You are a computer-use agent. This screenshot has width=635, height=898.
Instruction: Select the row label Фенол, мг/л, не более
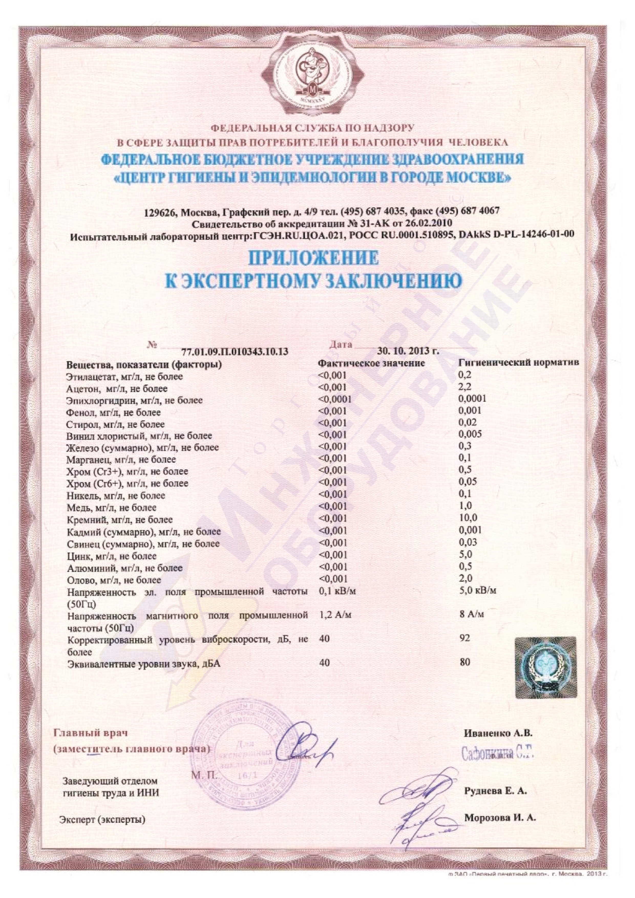point(113,412)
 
